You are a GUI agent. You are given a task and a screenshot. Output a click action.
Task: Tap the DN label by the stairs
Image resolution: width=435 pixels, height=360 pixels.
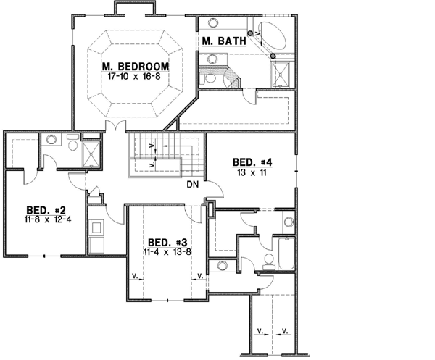[192, 185]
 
